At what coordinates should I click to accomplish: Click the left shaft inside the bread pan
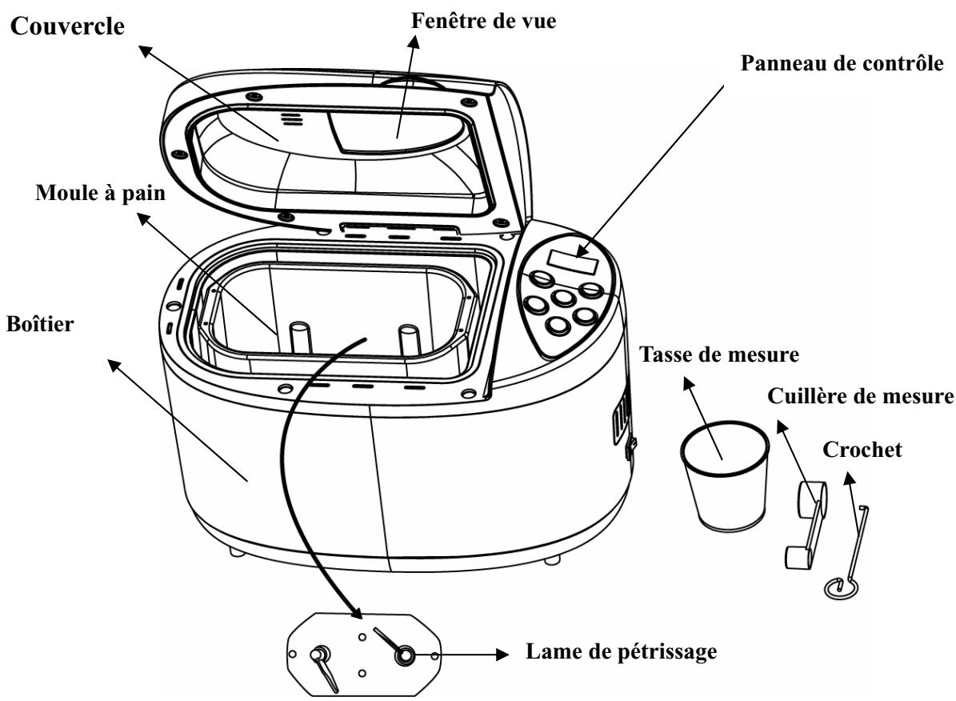[x=298, y=336]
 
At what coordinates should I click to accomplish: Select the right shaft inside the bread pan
[x=410, y=338]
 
